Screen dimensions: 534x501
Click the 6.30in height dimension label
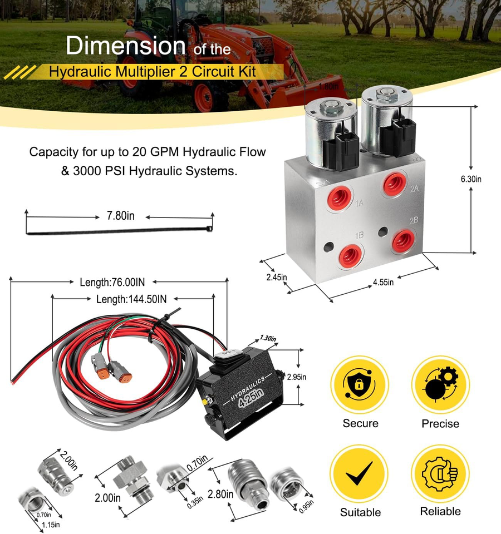[470, 179]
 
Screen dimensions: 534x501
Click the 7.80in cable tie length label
[120, 216]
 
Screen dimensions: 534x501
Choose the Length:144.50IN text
[131, 299]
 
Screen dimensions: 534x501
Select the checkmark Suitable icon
[360, 473]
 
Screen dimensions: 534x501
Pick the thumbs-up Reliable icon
[440, 473]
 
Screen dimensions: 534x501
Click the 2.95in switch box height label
[296, 377]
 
